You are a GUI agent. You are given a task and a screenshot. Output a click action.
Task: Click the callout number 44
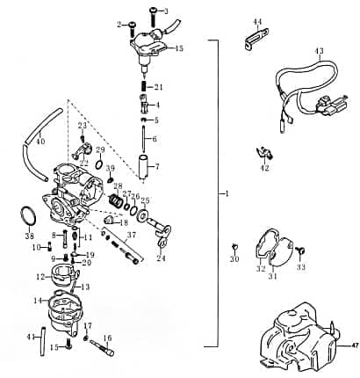pyautogui.click(x=257, y=21)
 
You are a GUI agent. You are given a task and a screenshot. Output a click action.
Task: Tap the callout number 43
pyautogui.click(x=319, y=51)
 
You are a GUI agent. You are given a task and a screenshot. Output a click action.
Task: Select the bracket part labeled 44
pyautogui.click(x=256, y=40)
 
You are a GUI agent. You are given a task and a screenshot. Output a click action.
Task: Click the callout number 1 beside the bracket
pyautogui.click(x=226, y=193)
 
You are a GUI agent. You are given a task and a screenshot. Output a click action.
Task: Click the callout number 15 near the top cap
pyautogui.click(x=179, y=47)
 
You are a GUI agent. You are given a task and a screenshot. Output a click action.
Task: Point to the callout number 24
pyautogui.click(x=161, y=258)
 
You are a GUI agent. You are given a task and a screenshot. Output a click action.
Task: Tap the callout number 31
pyautogui.click(x=272, y=276)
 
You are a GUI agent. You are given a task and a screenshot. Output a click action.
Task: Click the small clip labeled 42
pyautogui.click(x=261, y=151)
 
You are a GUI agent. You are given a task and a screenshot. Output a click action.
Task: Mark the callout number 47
pyautogui.click(x=354, y=346)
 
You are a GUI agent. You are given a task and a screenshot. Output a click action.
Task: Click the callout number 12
pyautogui.click(x=40, y=277)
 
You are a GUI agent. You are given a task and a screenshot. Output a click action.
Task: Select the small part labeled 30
pyautogui.click(x=234, y=245)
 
